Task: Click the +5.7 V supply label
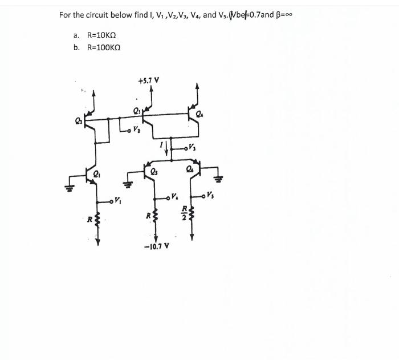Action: (148, 80)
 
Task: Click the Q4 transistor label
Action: (199, 115)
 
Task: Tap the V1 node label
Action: (117, 200)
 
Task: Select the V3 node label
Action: (194, 149)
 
